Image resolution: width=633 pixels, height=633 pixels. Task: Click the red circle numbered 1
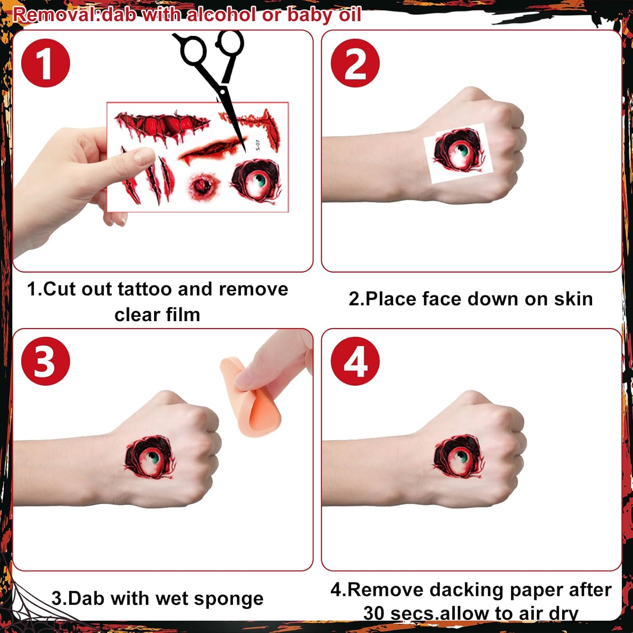coord(46,63)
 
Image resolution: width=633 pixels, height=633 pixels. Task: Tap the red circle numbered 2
coord(355,63)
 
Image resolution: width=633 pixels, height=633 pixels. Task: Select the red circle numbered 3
coord(46,361)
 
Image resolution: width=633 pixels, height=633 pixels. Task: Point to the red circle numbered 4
coord(355,361)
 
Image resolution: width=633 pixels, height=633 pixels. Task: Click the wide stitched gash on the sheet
coord(162,126)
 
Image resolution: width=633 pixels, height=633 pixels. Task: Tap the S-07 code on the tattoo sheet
coord(258,145)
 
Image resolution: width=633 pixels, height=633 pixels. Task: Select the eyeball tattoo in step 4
coord(458,458)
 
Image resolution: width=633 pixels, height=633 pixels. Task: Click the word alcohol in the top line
coord(222,15)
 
